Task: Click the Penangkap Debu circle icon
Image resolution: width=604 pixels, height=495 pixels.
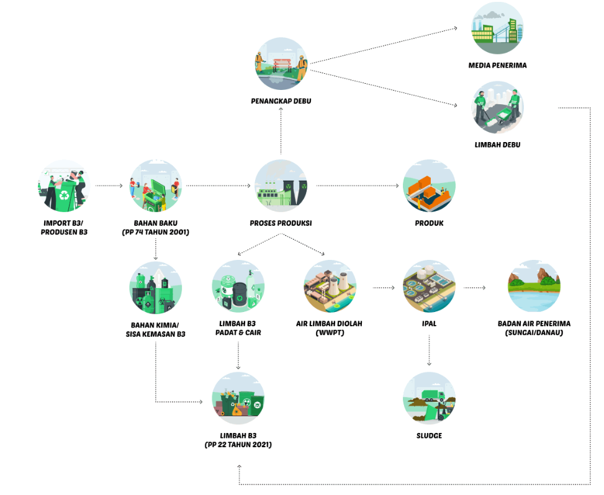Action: pyautogui.click(x=281, y=64)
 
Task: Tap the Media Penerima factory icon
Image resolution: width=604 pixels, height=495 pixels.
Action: pyautogui.click(x=497, y=29)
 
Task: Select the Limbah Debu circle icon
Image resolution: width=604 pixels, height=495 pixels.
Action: pyautogui.click(x=497, y=107)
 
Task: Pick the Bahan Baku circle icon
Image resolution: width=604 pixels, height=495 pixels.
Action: pyautogui.click(x=156, y=185)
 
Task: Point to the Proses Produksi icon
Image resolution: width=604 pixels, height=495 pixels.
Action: pyautogui.click(x=281, y=185)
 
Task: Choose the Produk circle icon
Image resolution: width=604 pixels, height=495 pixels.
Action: pyautogui.click(x=430, y=185)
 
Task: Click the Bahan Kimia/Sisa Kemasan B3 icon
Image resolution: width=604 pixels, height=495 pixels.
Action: pyautogui.click(x=156, y=287)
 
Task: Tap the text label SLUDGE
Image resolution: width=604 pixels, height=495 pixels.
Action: pyautogui.click(x=429, y=436)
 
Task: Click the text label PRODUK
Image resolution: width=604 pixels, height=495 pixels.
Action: pyautogui.click(x=429, y=223)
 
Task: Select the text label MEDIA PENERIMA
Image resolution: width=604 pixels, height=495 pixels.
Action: pyautogui.click(x=497, y=65)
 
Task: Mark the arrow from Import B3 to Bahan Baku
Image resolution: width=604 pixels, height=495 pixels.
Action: pyautogui.click(x=110, y=185)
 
